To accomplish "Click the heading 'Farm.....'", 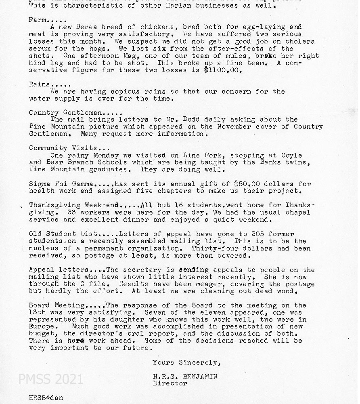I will [45, 20].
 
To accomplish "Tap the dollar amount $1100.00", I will [223, 70].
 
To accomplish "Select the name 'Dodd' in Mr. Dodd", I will [192, 120].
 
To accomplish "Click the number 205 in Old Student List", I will [257, 234].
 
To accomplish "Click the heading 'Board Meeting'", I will [57, 305].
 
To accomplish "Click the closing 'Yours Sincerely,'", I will [186, 362].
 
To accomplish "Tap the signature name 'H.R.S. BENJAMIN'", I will [185, 377].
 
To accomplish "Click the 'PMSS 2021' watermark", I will [50, 379].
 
